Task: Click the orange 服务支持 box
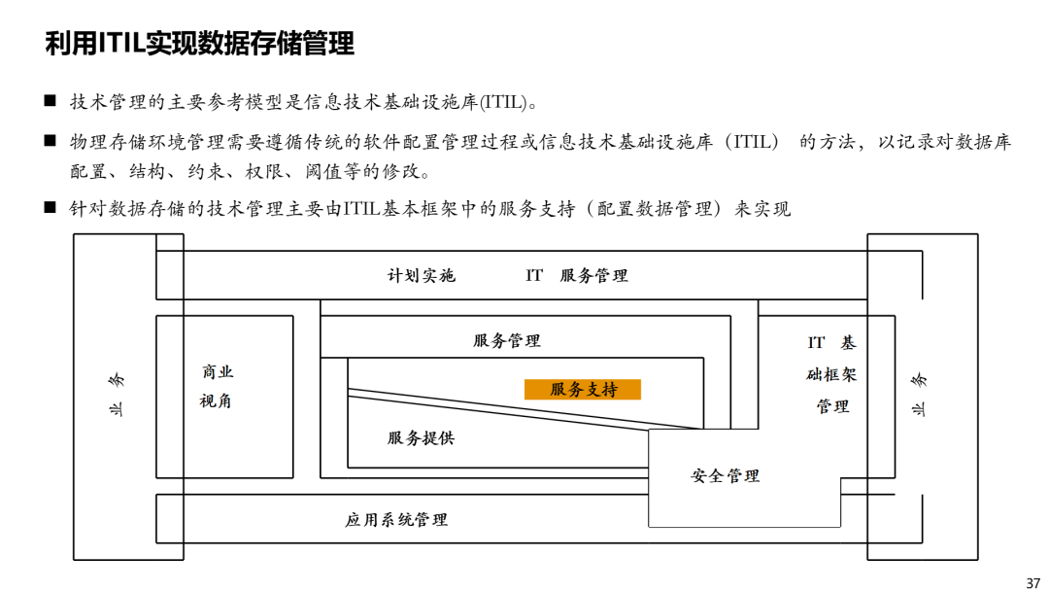click(x=582, y=389)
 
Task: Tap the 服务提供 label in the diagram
click(x=421, y=438)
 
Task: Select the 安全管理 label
click(x=726, y=476)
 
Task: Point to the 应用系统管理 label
click(x=396, y=519)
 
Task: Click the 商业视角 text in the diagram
click(x=217, y=386)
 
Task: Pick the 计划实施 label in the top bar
click(x=422, y=275)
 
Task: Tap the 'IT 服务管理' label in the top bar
click(x=577, y=275)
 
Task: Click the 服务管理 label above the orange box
click(x=506, y=340)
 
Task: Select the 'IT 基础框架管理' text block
click(x=831, y=374)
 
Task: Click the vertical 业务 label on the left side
click(x=117, y=395)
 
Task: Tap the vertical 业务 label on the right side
click(x=919, y=395)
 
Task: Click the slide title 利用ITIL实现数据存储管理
click(x=199, y=44)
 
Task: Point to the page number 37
click(x=1032, y=583)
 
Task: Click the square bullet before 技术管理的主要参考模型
click(x=51, y=101)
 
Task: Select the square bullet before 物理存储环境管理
click(x=51, y=141)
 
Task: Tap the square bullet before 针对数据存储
click(x=51, y=207)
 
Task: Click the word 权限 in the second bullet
click(x=264, y=171)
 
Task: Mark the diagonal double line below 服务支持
click(x=525, y=409)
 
